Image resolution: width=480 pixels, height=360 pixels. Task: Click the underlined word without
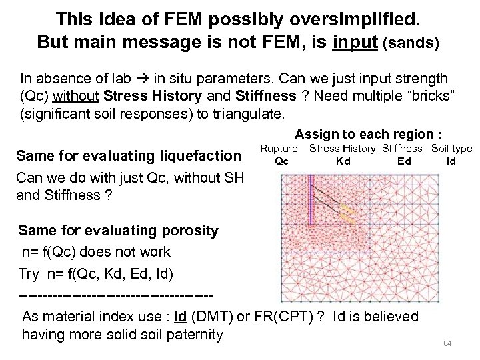click(77, 95)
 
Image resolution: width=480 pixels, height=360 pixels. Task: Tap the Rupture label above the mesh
click(278, 149)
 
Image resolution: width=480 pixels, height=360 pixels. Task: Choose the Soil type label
click(451, 149)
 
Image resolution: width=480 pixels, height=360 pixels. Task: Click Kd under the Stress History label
click(343, 161)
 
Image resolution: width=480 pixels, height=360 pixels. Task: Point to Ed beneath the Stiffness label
click(404, 161)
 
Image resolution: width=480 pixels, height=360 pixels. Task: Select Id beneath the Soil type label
click(451, 161)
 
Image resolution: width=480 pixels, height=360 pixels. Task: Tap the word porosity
click(190, 231)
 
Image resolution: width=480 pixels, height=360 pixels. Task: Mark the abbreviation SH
click(234, 178)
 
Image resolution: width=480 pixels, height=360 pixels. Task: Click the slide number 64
click(447, 343)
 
